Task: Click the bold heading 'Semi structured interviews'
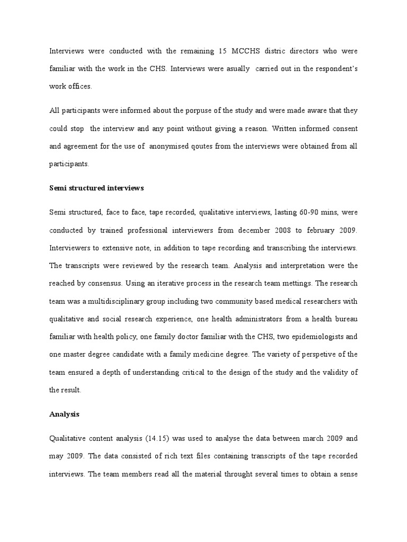(x=96, y=188)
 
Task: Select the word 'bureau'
(x=346, y=318)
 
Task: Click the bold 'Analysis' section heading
(x=64, y=414)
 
